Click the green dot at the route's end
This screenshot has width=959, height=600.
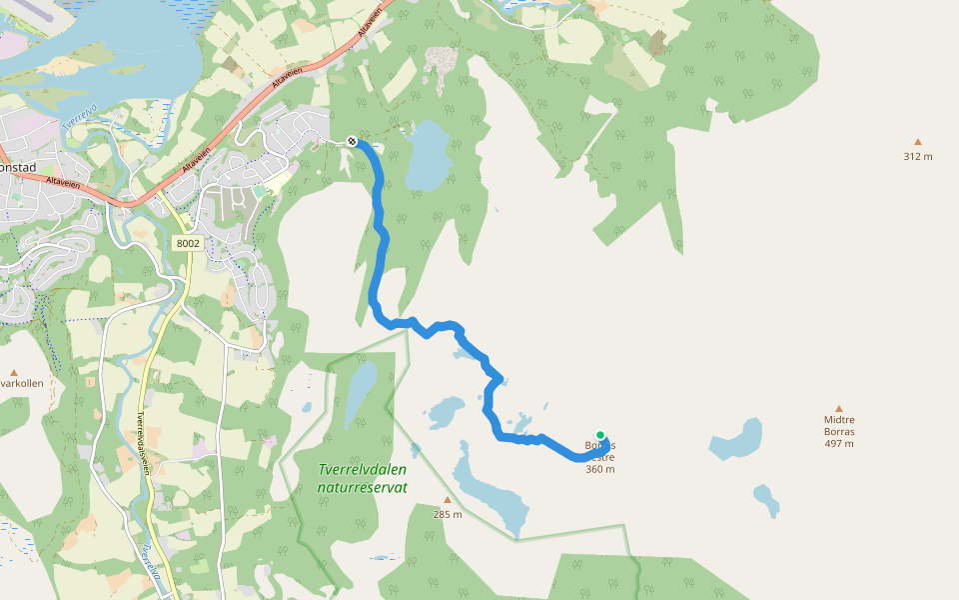point(600,435)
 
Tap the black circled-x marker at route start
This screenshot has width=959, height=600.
point(352,141)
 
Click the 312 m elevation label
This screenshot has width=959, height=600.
point(917,156)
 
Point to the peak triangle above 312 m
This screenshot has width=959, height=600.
point(917,142)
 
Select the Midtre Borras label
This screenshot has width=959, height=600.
point(839,426)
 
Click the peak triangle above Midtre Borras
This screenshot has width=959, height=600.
point(839,408)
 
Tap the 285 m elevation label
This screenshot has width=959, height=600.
point(448,514)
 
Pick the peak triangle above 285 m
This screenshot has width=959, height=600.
point(448,500)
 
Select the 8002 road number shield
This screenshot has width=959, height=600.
point(187,243)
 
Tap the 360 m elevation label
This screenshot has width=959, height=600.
point(599,469)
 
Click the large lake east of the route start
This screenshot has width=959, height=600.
point(428,155)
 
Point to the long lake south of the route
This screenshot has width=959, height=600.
point(489,490)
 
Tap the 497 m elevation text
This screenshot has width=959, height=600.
point(839,444)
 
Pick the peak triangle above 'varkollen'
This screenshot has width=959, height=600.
point(14,370)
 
